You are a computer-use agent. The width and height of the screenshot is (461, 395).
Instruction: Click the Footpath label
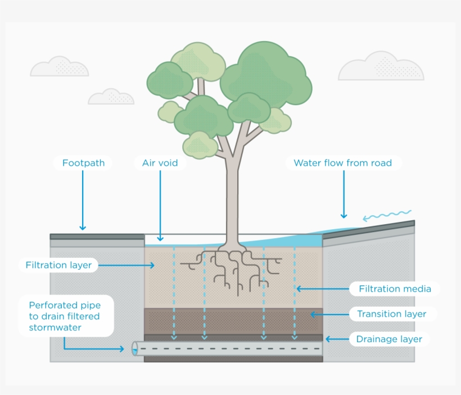(83, 164)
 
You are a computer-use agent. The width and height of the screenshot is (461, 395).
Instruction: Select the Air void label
(160, 164)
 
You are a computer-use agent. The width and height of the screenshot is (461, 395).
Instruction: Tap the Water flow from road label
(342, 164)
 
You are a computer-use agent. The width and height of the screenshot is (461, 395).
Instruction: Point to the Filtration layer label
(58, 265)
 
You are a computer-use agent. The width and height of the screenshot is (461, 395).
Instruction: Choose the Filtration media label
(395, 289)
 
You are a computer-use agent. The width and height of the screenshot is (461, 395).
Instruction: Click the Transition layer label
(391, 314)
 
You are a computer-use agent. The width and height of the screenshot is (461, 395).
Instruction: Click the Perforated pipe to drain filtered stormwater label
(64, 316)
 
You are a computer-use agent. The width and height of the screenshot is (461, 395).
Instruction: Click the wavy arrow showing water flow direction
(387, 216)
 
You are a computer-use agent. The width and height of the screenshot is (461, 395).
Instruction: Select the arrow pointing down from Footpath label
(83, 199)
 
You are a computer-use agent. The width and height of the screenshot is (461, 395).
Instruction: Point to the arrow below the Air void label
(160, 205)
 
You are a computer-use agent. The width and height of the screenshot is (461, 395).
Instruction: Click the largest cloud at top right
(381, 67)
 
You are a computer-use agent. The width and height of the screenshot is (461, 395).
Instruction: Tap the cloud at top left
(60, 67)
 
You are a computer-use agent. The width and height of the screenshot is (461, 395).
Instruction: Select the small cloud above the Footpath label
(111, 97)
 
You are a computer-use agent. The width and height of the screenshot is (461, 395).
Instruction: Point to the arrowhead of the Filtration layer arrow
(152, 265)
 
